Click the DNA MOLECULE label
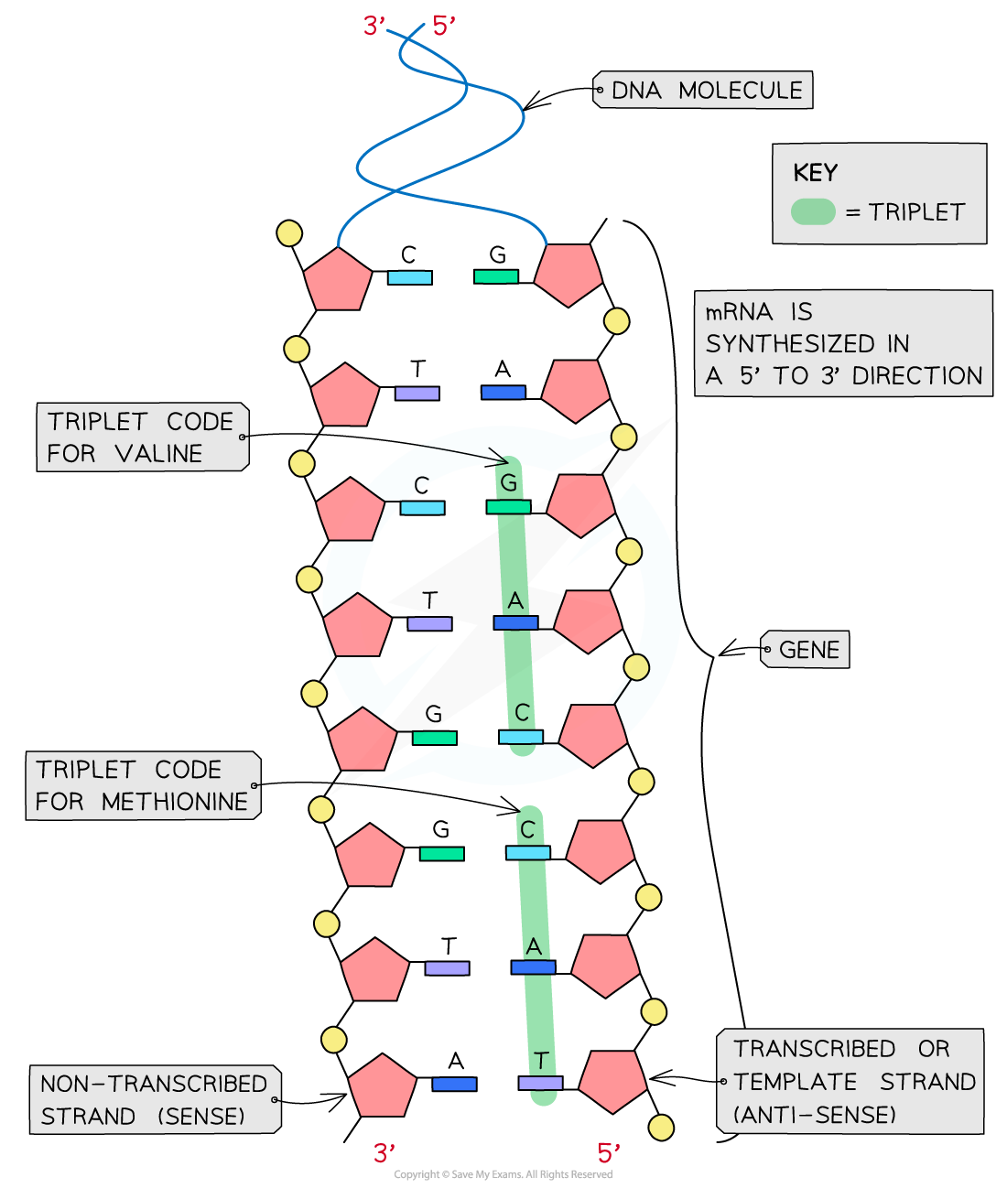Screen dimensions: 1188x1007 tap(706, 91)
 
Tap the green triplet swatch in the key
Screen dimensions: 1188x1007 tap(813, 212)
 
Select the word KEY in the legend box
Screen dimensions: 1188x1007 tap(815, 173)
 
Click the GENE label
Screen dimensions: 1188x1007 tap(808, 650)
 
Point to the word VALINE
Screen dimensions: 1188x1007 tap(158, 454)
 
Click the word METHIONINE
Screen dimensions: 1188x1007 tap(175, 802)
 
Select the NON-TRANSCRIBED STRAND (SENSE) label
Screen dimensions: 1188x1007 tap(154, 1100)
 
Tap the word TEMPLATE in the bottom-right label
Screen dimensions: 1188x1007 tap(795, 1082)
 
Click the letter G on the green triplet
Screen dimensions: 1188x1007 tap(509, 482)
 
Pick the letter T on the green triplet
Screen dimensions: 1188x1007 tap(541, 1061)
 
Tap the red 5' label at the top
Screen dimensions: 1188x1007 tap(443, 27)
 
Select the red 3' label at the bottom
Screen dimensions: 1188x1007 tap(384, 1153)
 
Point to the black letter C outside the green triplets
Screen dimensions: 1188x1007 tap(421, 484)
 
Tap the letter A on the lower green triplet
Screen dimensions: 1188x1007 tap(534, 946)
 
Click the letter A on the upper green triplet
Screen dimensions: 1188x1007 tap(515, 600)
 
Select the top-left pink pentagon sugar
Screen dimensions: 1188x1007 tap(338, 277)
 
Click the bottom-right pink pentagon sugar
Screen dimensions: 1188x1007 tap(612, 1082)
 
